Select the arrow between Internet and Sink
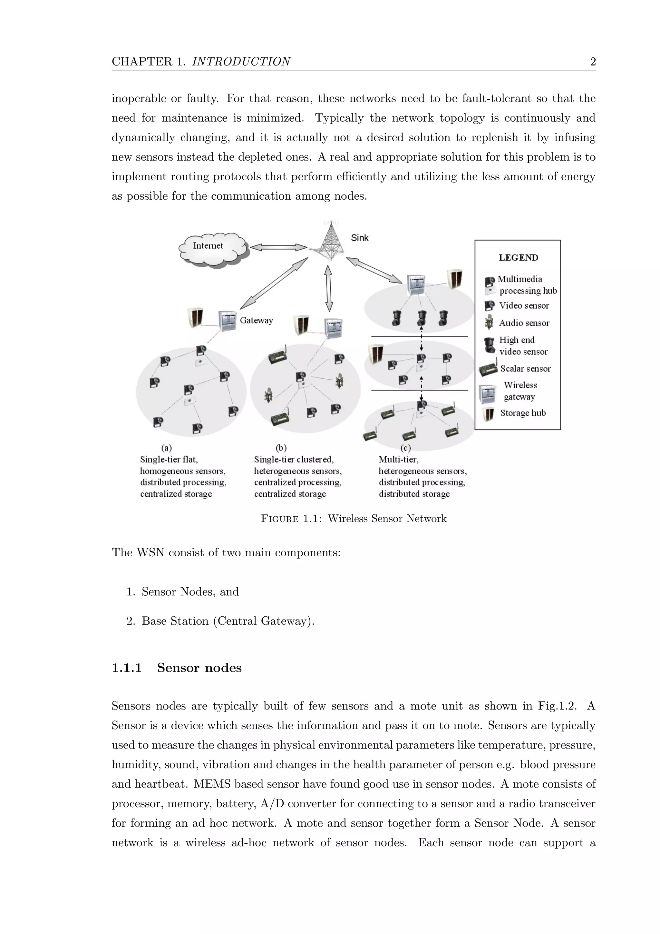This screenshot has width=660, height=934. (278, 247)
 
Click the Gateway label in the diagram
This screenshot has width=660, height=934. (256, 321)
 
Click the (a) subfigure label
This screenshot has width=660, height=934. (167, 448)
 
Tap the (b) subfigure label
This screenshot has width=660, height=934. (281, 448)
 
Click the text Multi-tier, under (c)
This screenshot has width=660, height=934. (398, 460)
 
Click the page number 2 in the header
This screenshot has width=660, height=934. (593, 62)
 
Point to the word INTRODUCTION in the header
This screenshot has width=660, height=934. (241, 62)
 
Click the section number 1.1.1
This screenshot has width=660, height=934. (127, 668)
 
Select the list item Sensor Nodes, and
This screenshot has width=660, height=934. (190, 592)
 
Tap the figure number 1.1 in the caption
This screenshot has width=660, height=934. (312, 519)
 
